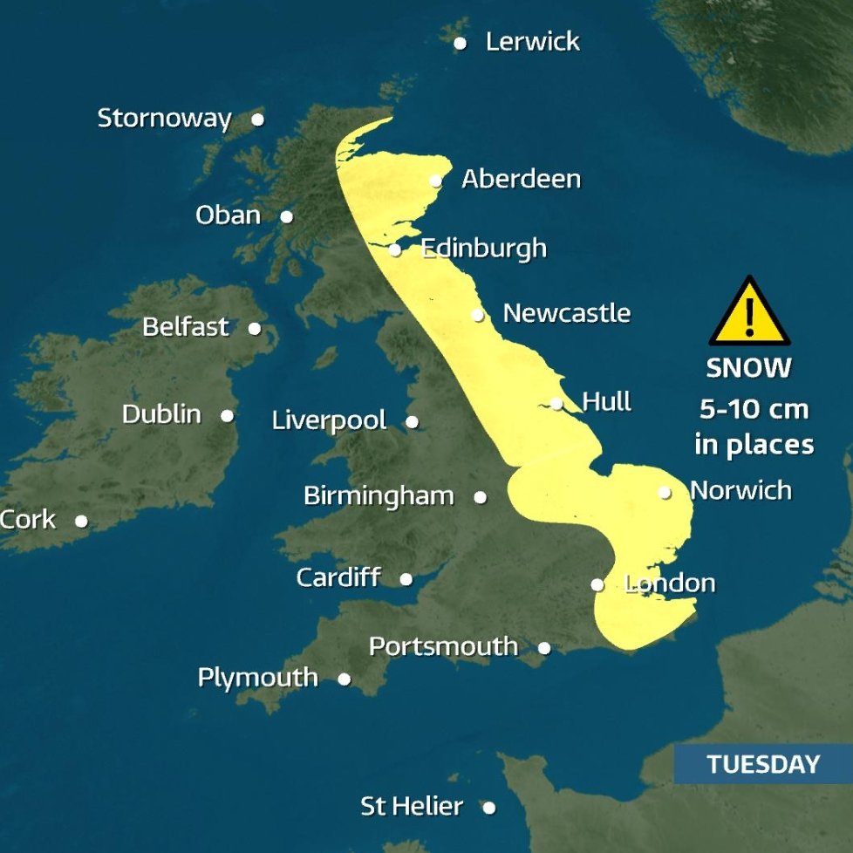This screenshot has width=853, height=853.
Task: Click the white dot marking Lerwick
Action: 460,44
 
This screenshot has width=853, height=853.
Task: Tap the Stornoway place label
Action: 164,119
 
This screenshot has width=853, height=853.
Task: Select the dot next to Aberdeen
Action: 436,181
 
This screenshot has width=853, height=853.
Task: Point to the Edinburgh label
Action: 483,249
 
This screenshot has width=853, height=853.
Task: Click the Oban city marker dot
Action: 286,216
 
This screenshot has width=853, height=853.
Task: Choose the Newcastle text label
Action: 566,313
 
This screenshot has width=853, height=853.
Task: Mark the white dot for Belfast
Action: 254,329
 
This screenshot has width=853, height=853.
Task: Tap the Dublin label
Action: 161,414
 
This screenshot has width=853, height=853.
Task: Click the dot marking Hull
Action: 556,403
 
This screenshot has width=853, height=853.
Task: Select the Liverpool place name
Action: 329,420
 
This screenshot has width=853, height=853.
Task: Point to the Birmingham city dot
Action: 480,497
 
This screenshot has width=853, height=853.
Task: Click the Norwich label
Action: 740,490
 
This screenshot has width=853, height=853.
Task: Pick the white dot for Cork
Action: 81,521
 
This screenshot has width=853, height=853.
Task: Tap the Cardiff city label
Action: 338,577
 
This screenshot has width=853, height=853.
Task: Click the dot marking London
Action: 597,584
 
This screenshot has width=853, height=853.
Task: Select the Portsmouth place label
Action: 443,646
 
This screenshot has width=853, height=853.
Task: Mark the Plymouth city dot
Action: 345,679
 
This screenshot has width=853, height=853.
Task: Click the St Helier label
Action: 412,807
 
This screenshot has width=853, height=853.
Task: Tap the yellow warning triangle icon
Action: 749,314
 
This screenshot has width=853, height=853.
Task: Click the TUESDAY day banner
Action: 763,765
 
